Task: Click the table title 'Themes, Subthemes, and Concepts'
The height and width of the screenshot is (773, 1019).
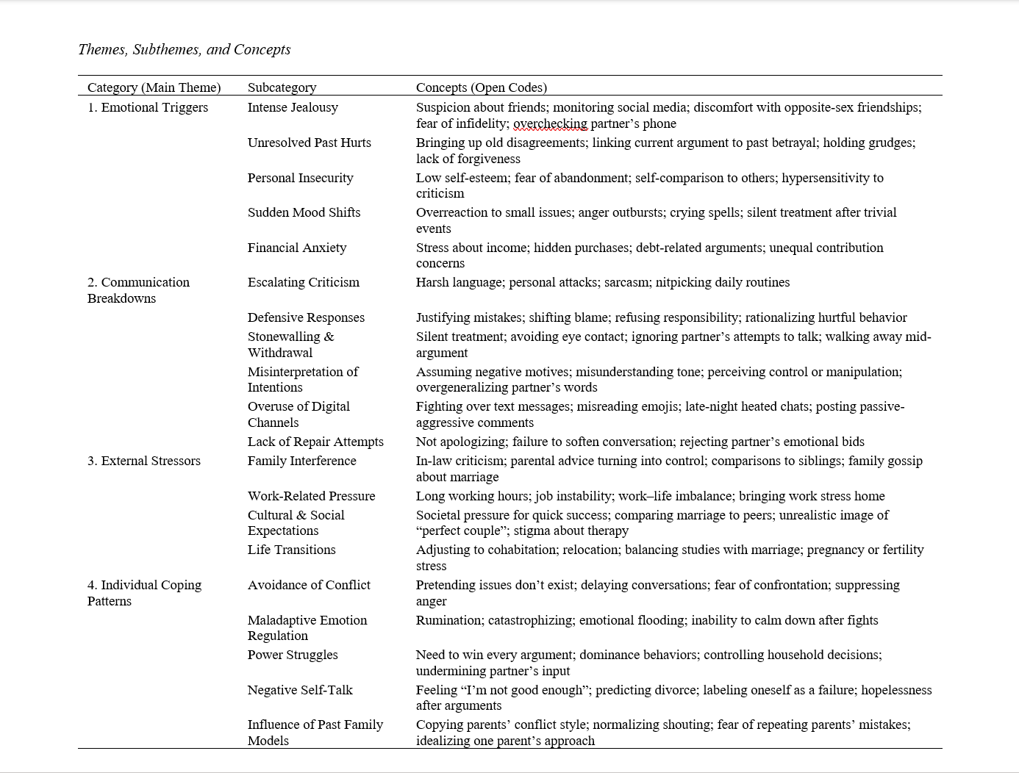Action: pyautogui.click(x=184, y=49)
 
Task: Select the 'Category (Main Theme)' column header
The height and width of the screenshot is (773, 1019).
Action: pyautogui.click(x=154, y=87)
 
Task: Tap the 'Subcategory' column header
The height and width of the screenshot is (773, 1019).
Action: pyautogui.click(x=282, y=87)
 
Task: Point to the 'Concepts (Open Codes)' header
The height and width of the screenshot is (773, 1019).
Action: pyautogui.click(x=481, y=87)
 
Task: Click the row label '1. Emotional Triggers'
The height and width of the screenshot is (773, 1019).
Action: pyautogui.click(x=147, y=107)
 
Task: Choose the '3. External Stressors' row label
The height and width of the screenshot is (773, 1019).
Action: pyautogui.click(x=143, y=461)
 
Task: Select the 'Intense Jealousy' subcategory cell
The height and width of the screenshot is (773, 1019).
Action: pyautogui.click(x=293, y=107)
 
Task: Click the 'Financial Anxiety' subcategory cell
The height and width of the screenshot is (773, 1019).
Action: pyautogui.click(x=296, y=248)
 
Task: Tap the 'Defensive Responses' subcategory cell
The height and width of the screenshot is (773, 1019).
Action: pyautogui.click(x=306, y=317)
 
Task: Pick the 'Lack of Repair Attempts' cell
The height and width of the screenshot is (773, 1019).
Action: pyautogui.click(x=315, y=442)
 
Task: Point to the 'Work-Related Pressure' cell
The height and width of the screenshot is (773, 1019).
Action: pyautogui.click(x=311, y=496)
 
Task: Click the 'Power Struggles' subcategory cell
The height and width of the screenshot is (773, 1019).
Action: pyautogui.click(x=293, y=655)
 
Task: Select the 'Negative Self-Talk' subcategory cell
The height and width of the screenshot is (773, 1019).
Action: pyautogui.click(x=300, y=690)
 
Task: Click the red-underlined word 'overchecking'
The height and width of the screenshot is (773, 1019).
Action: pyautogui.click(x=550, y=123)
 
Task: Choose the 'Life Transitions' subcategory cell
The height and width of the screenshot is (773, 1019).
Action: pyautogui.click(x=291, y=550)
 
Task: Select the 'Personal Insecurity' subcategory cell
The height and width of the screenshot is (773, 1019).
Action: pyautogui.click(x=300, y=178)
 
